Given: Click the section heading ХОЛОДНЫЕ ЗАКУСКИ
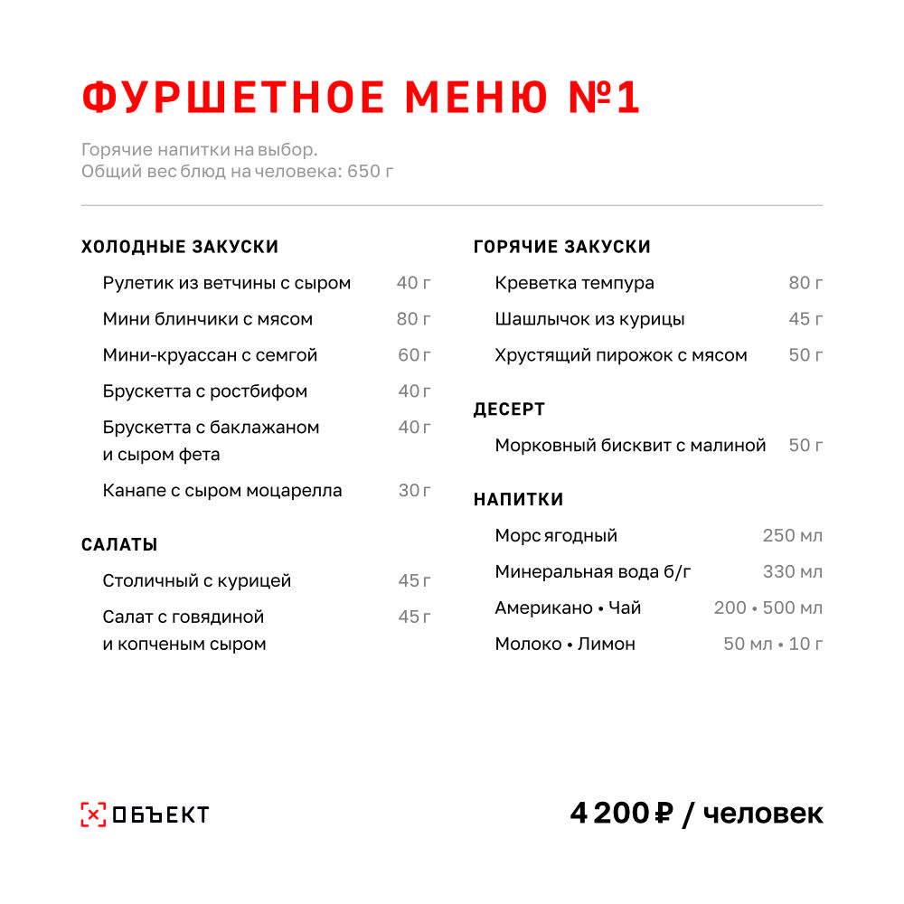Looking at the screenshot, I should (x=180, y=247).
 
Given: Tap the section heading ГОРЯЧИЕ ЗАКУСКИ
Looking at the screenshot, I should (x=562, y=247).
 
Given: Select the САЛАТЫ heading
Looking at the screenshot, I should (x=119, y=545).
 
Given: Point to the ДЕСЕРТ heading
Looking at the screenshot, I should (x=509, y=410).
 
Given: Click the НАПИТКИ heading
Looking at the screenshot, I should (x=518, y=500).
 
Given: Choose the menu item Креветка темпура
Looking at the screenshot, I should (x=574, y=283).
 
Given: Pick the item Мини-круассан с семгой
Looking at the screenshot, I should (x=210, y=355).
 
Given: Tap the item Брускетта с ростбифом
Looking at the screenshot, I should (x=204, y=391).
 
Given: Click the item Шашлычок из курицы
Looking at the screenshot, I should (x=589, y=319).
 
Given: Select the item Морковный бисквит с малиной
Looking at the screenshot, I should (x=630, y=446).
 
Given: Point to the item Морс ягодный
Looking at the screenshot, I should (x=556, y=536).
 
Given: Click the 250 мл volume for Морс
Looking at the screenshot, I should (x=793, y=536).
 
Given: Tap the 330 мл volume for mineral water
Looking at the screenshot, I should (x=793, y=572).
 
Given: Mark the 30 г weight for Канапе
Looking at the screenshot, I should (x=415, y=491).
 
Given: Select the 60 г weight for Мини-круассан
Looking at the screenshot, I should (x=415, y=355).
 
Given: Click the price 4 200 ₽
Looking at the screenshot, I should (x=623, y=814).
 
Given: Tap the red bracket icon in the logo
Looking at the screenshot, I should (x=93, y=815).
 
